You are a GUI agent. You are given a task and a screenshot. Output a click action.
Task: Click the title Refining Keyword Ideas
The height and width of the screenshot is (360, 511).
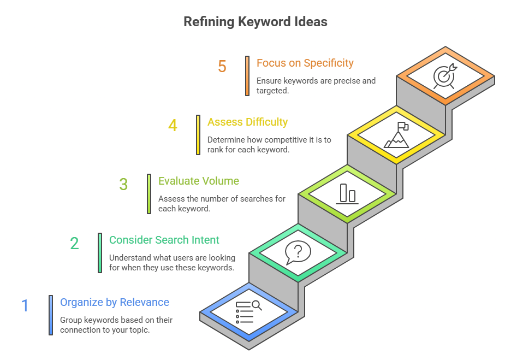coord(255,22)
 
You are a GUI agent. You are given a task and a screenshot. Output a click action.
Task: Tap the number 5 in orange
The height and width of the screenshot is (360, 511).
coord(222,67)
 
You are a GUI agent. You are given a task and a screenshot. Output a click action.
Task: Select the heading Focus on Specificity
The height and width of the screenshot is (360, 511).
coord(305,63)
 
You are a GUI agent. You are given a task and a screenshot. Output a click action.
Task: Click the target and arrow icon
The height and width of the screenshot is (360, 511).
coord(444,77)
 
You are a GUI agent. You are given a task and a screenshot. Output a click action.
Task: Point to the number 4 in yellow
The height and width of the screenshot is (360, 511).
coord(173,126)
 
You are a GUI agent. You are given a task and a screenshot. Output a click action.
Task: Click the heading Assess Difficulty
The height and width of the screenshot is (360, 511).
coord(247,122)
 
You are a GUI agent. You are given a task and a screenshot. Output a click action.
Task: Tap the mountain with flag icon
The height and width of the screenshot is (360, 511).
coord(397,135)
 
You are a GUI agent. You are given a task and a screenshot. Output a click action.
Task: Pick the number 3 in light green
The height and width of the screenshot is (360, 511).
coord(123,185)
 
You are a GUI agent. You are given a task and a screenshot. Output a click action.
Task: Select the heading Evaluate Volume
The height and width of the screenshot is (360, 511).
coord(198,181)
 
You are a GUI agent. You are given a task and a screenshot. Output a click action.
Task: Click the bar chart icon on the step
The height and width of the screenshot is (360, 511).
coord(347,193)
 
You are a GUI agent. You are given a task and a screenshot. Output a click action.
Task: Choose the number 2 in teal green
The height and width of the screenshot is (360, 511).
coord(74,244)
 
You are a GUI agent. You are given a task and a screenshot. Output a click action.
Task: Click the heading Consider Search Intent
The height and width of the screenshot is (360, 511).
coord(164,240)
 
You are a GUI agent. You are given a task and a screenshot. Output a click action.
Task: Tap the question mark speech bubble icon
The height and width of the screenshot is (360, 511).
coord(298,252)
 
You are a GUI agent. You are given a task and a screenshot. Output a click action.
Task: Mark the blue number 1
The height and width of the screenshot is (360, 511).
coord(25,306)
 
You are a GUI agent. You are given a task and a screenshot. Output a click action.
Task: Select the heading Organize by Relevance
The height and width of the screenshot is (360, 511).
coord(115,302)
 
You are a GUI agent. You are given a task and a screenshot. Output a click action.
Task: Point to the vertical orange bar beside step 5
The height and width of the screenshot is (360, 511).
coord(247,76)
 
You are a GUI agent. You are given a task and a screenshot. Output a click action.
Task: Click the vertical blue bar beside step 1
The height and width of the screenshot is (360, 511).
coord(51,315)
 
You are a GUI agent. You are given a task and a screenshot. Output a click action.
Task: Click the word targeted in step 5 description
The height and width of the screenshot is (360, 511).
coord(272,91)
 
